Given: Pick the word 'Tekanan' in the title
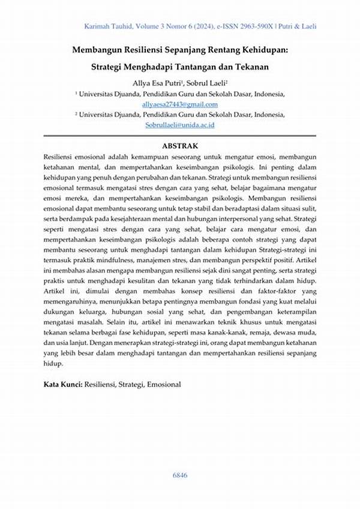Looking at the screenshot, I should [245, 67].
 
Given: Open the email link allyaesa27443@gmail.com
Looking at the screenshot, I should [180, 104].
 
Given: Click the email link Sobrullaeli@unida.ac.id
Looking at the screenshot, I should [180, 125].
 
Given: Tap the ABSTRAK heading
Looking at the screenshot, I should [180, 146].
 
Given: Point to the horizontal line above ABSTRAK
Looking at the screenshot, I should [180, 137].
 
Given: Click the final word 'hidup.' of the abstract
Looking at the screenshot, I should [53, 363].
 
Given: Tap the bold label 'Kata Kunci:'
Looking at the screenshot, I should [63, 384].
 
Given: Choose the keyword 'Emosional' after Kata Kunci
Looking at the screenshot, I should [163, 384].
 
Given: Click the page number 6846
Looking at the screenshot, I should [180, 475].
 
